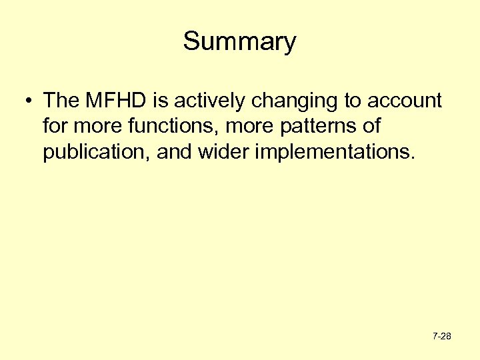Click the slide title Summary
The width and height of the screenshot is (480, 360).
click(239, 42)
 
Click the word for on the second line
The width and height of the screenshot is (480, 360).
click(55, 127)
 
